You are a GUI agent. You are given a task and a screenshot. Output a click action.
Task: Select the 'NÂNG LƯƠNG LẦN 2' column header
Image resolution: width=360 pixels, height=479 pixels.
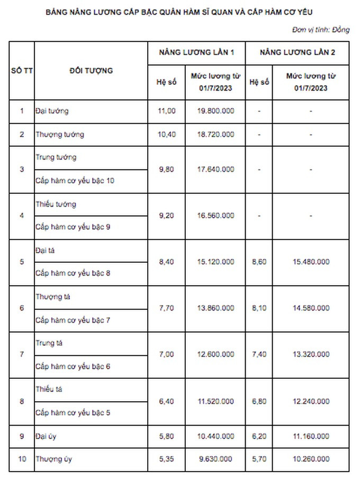(297, 53)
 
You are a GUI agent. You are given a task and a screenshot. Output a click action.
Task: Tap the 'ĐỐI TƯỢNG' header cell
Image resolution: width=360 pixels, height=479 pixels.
(91, 70)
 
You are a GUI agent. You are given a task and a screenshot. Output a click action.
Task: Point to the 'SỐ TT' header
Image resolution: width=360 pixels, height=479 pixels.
(22, 70)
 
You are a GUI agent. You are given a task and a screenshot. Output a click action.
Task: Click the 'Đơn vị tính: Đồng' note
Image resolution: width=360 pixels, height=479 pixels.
(320, 30)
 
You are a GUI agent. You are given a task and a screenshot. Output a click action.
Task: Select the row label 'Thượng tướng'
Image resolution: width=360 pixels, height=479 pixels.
(60, 135)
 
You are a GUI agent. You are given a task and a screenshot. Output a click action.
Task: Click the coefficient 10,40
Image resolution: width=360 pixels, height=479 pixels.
(167, 135)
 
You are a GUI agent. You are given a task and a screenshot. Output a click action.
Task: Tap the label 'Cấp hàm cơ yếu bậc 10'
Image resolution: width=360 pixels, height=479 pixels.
(75, 181)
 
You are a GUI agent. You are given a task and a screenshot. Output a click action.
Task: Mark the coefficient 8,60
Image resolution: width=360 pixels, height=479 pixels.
(259, 262)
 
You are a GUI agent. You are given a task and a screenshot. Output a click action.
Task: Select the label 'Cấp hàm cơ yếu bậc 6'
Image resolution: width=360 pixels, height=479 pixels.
(73, 366)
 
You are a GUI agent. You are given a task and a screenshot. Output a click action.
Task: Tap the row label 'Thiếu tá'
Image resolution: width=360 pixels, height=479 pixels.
(48, 389)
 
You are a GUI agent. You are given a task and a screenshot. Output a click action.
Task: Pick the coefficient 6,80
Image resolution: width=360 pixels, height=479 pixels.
(259, 401)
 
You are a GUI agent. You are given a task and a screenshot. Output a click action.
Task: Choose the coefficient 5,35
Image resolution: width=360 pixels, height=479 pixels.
(167, 459)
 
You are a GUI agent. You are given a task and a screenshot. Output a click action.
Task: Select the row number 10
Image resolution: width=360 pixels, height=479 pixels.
(22, 459)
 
